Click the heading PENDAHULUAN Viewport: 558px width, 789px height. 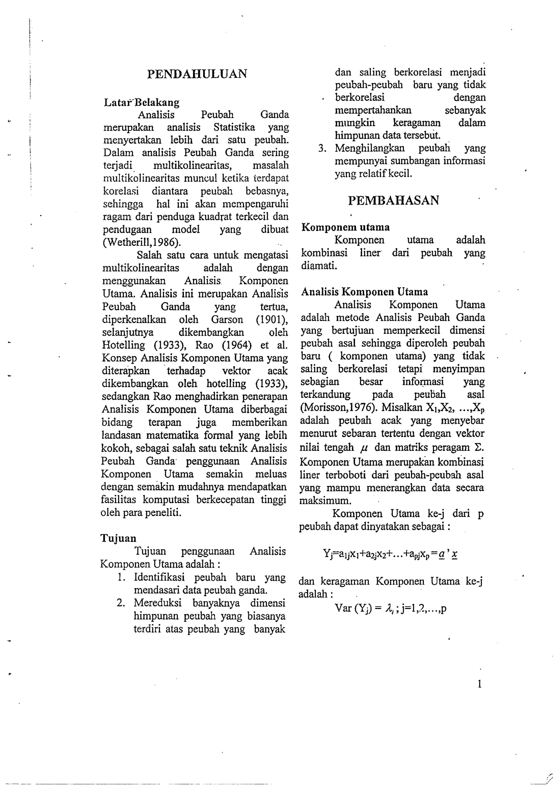(197, 74)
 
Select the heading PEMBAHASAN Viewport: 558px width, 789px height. (393, 200)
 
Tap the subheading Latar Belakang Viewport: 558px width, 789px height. (142, 102)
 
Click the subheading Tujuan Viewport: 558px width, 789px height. (118, 538)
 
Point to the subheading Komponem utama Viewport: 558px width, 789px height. (345, 227)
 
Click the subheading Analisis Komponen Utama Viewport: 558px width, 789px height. (365, 292)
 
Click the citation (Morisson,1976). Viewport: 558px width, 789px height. (339, 407)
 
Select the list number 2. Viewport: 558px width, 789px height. (120, 603)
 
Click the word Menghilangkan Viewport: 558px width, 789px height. (370, 148)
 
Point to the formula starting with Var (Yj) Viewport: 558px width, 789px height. (390, 609)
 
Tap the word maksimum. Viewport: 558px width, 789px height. (325, 501)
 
